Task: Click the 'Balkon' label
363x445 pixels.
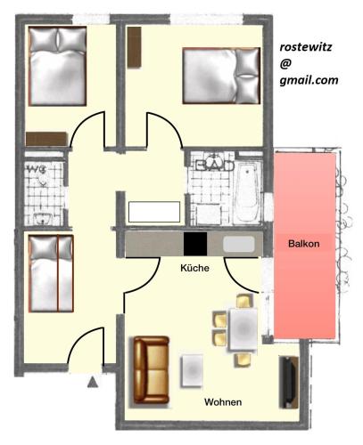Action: click(x=304, y=243)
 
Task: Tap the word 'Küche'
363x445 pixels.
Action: click(x=194, y=267)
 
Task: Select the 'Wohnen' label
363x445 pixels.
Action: click(x=222, y=402)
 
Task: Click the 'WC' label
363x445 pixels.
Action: click(x=37, y=167)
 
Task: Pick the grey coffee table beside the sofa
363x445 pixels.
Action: click(x=194, y=369)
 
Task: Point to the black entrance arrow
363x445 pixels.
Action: click(x=93, y=384)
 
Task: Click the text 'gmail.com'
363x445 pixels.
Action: click(x=308, y=79)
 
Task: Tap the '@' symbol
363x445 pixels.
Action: click(x=285, y=63)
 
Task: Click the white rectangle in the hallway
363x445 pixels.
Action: click(x=154, y=212)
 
